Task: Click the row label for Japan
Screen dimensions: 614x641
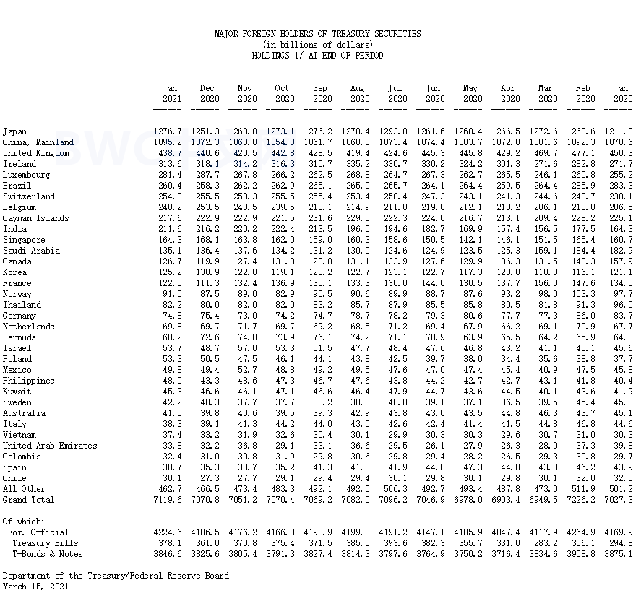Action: pyautogui.click(x=14, y=131)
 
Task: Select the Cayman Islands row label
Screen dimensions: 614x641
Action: pyautogui.click(x=35, y=218)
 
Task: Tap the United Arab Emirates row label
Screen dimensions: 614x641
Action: pyautogui.click(x=48, y=446)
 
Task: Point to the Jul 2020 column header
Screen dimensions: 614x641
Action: pyautogui.click(x=395, y=93)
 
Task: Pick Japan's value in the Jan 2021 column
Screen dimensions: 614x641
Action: pyautogui.click(x=168, y=131)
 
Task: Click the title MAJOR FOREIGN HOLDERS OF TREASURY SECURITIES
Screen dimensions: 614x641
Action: pyautogui.click(x=317, y=34)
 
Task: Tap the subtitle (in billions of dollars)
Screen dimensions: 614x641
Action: pyautogui.click(x=317, y=45)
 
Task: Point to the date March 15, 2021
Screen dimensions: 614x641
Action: pyautogui.click(x=35, y=587)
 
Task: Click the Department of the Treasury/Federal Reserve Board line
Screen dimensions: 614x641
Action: pyautogui.click(x=116, y=576)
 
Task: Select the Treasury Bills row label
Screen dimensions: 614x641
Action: pyautogui.click(x=46, y=543)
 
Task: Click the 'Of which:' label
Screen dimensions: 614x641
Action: pyautogui.click(x=23, y=522)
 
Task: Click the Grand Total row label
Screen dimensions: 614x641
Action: pyautogui.click(x=28, y=500)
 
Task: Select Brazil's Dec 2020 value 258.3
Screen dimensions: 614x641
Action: pyautogui.click(x=207, y=186)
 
